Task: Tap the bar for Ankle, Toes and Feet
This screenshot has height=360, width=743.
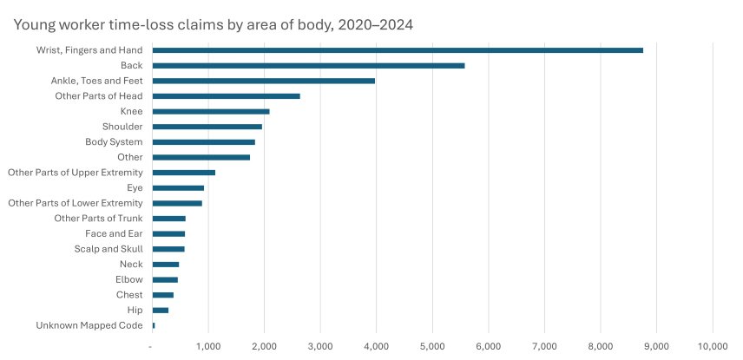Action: point(263,81)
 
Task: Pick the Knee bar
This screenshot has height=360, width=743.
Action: point(211,111)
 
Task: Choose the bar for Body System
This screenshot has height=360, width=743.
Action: point(203,142)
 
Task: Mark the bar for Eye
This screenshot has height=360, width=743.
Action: point(178,187)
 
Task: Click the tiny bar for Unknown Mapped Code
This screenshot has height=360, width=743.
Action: point(154,325)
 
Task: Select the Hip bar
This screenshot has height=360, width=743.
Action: point(161,310)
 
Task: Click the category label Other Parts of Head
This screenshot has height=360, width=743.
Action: point(99,96)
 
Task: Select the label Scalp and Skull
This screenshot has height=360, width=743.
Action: point(108,249)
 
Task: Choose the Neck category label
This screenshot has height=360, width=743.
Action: point(131,265)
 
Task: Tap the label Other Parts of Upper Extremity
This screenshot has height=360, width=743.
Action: point(76,173)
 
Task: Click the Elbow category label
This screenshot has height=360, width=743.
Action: point(129,279)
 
